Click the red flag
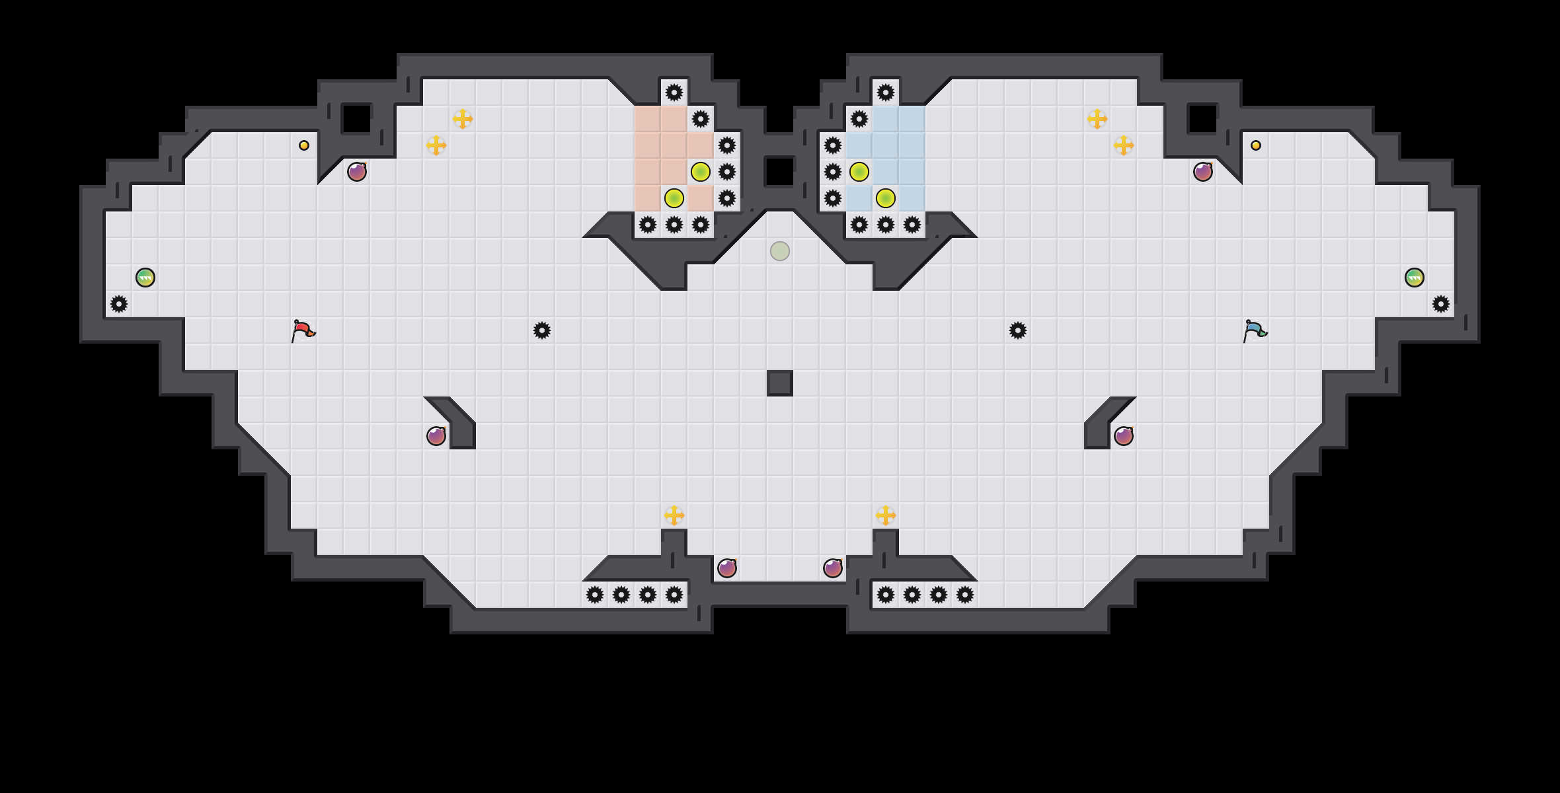pyautogui.click(x=303, y=330)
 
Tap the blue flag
pyautogui.click(x=1254, y=330)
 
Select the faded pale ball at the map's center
pyautogui.click(x=780, y=251)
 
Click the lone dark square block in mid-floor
pyautogui.click(x=780, y=383)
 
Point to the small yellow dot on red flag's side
pyautogui.click(x=304, y=145)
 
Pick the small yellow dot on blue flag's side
pyautogui.click(x=1256, y=145)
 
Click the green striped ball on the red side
pyautogui.click(x=145, y=278)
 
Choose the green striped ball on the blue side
pyautogui.click(x=1415, y=278)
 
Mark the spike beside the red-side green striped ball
pyautogui.click(x=119, y=304)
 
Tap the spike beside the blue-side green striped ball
pyautogui.click(x=1441, y=304)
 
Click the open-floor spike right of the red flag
pyautogui.click(x=542, y=330)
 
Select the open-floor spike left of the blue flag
pyautogui.click(x=1018, y=330)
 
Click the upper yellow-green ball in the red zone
pyautogui.click(x=701, y=172)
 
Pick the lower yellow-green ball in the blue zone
pyautogui.click(x=886, y=198)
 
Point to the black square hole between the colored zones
pyautogui.click(x=780, y=172)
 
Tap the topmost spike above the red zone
pyautogui.click(x=674, y=93)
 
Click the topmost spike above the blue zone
pyautogui.click(x=886, y=93)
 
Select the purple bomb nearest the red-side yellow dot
pyautogui.click(x=357, y=172)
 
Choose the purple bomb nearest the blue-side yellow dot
pyautogui.click(x=1203, y=172)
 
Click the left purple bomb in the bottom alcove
pyautogui.click(x=727, y=568)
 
